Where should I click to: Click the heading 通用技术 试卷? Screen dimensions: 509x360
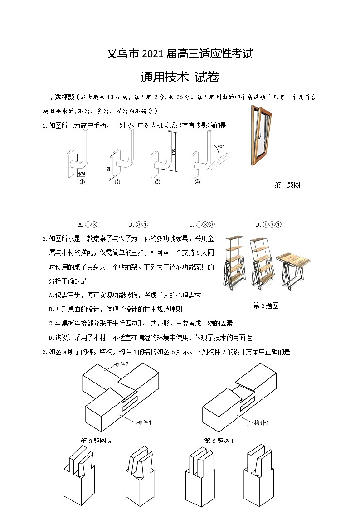pos(180,78)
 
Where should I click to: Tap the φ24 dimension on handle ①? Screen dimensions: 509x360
pos(81,174)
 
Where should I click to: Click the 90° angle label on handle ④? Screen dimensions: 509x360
pos(220,147)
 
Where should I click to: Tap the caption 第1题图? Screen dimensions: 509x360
pos(287,185)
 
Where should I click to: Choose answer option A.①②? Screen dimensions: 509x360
pos(88,224)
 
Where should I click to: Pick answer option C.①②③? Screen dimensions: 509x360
pos(202,224)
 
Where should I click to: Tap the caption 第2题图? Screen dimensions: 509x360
pos(266,305)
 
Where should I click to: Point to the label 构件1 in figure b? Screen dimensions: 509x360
pos(261,422)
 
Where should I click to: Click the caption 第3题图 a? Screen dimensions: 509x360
pos(96,441)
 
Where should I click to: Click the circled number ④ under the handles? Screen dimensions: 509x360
pos(197,182)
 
